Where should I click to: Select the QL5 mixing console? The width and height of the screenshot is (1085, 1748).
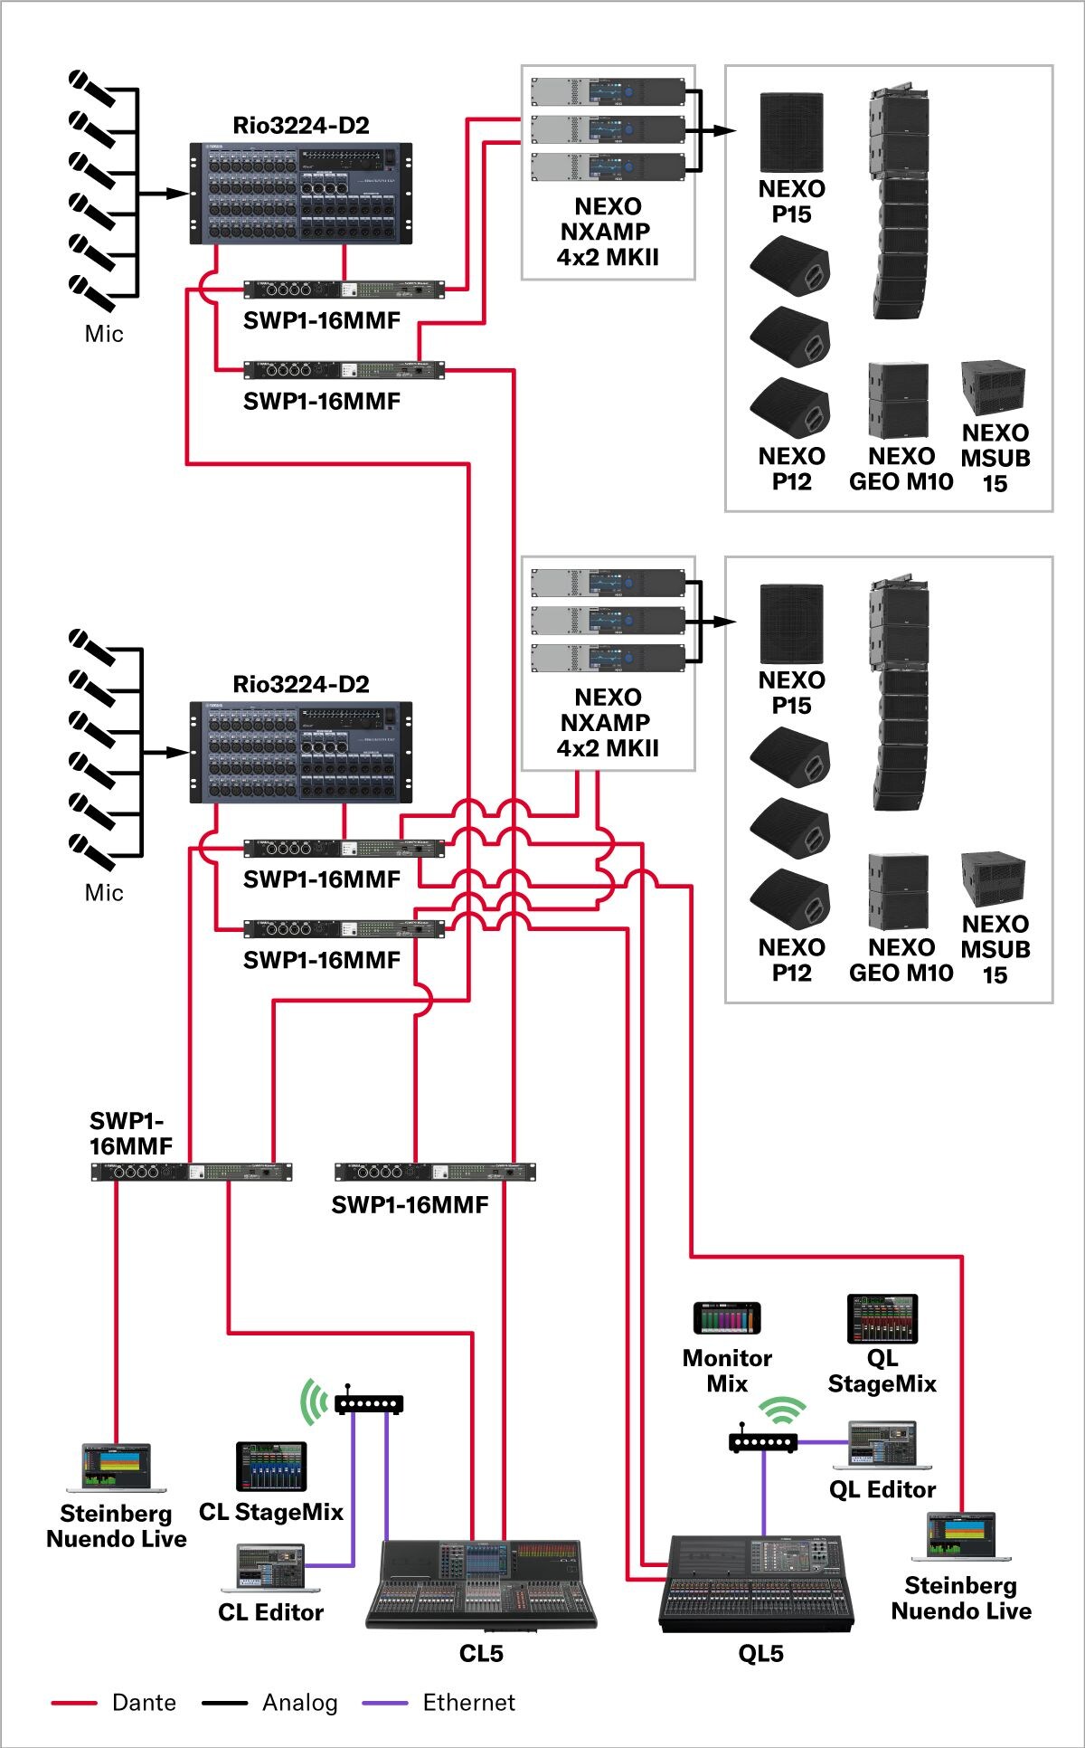click(758, 1583)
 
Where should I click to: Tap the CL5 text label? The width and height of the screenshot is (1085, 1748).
click(481, 1654)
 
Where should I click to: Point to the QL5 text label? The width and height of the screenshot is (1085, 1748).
click(760, 1654)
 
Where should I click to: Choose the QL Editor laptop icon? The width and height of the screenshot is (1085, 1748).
click(882, 1445)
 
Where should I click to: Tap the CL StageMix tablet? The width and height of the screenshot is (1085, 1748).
click(271, 1467)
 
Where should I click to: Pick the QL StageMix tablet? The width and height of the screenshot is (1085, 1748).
click(882, 1318)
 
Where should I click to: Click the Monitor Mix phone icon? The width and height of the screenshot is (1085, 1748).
click(727, 1318)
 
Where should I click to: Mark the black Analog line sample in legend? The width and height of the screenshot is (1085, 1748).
click(224, 1704)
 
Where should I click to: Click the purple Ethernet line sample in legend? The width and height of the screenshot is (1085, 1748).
click(385, 1704)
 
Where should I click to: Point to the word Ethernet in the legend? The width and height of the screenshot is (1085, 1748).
click(468, 1703)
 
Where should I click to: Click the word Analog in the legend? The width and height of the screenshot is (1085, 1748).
click(299, 1703)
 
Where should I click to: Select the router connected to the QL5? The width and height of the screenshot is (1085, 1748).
click(763, 1442)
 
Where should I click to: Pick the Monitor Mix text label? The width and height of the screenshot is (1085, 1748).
click(727, 1371)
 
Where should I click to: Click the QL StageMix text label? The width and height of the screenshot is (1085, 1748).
click(882, 1371)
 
